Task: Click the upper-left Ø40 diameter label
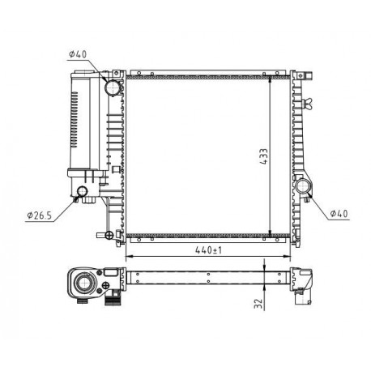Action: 78,54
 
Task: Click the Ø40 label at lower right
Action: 339,215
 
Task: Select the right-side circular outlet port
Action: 305,188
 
